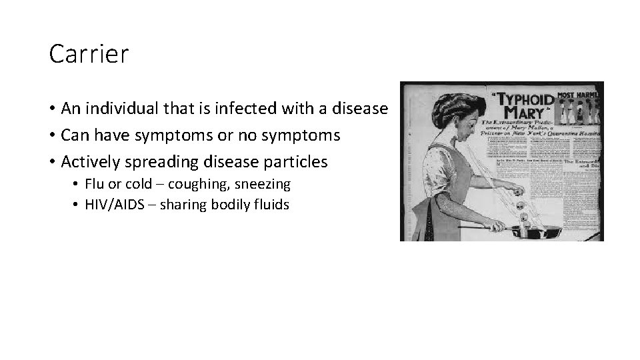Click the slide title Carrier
pyautogui.click(x=89, y=55)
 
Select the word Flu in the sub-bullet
pyautogui.click(x=96, y=184)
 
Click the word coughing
pyautogui.click(x=197, y=184)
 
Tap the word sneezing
pyautogui.click(x=263, y=184)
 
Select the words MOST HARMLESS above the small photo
pyautogui.click(x=579, y=95)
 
